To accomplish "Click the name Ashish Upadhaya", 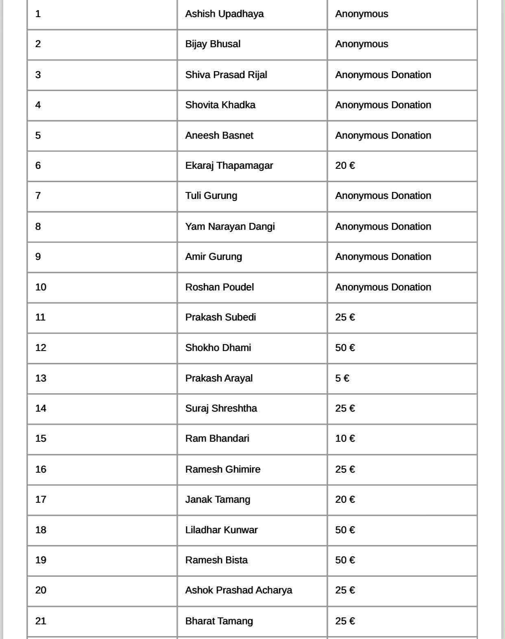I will click(224, 14).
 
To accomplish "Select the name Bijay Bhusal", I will click(213, 44).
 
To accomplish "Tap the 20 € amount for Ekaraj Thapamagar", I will click(345, 166).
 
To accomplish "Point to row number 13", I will click(41, 378).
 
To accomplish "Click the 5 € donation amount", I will click(342, 378).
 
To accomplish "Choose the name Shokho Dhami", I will click(218, 348).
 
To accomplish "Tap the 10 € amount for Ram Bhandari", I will click(345, 438).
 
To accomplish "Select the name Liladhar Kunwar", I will click(221, 530).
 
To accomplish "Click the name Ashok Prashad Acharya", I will click(238, 590).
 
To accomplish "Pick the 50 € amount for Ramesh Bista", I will click(345, 560).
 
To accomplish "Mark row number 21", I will click(41, 621).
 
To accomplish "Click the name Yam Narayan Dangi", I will click(230, 227).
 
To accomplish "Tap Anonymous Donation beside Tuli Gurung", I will click(383, 196).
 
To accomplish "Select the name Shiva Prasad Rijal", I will click(226, 75).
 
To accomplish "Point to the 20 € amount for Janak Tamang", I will click(345, 499).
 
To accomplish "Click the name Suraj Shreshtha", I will click(221, 408).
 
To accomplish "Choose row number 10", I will click(41, 287).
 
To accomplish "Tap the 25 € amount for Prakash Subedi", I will click(345, 317).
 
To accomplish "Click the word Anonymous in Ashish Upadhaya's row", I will click(361, 14).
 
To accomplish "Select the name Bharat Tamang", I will click(219, 621).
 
